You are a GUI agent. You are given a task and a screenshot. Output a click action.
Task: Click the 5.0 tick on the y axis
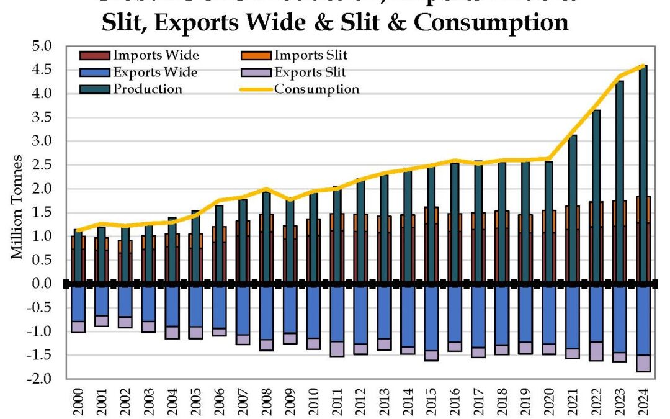pos(47,47)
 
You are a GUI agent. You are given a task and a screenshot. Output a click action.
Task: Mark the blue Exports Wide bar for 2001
pos(102,301)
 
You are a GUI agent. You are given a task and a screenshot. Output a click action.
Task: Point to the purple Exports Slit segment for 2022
pos(596,351)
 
